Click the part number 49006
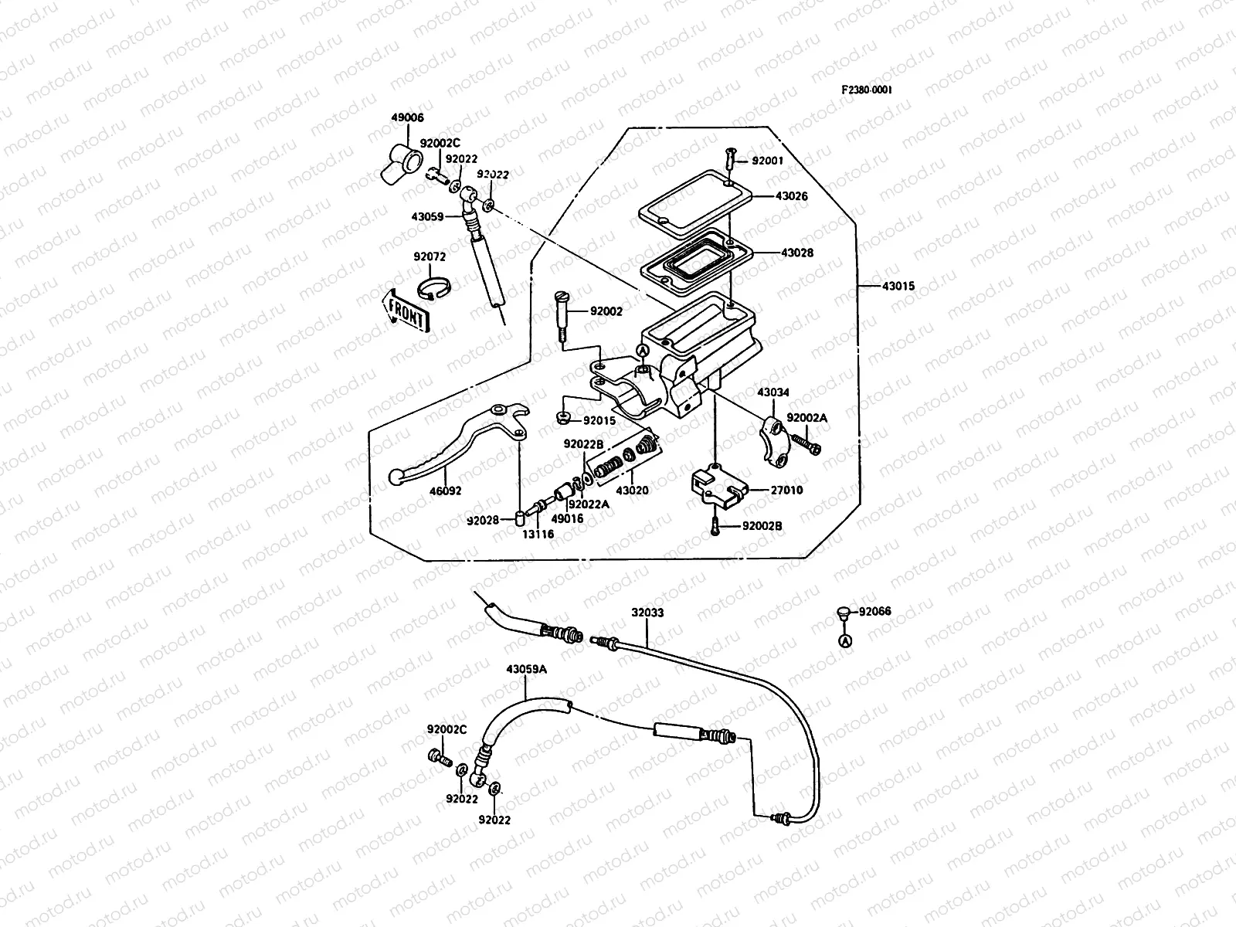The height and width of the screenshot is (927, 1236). (407, 118)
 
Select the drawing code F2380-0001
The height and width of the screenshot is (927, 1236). (867, 90)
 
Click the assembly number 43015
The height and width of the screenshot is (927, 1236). (898, 287)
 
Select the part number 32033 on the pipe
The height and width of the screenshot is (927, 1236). (647, 612)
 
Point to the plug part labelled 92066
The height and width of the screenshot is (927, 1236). (843, 614)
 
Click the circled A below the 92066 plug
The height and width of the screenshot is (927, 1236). (845, 641)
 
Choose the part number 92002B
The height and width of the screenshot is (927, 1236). (762, 526)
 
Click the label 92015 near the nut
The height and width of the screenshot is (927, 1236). (599, 420)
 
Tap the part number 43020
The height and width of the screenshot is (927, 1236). (632, 491)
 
